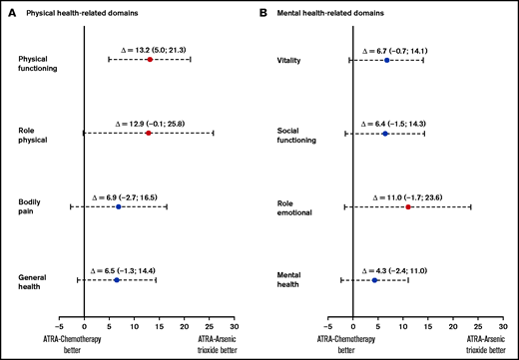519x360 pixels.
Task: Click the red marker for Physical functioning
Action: click(x=150, y=60)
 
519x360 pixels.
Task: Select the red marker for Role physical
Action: click(x=149, y=133)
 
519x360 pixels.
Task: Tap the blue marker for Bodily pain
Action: click(x=119, y=206)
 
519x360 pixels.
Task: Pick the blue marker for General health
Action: click(x=117, y=280)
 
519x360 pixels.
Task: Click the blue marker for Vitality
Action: click(x=386, y=60)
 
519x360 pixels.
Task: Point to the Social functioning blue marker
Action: click(x=385, y=133)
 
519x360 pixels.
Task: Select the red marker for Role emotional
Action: click(x=408, y=206)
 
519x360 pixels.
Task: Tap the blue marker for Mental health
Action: click(x=374, y=280)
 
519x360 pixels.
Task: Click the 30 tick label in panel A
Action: click(x=235, y=326)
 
